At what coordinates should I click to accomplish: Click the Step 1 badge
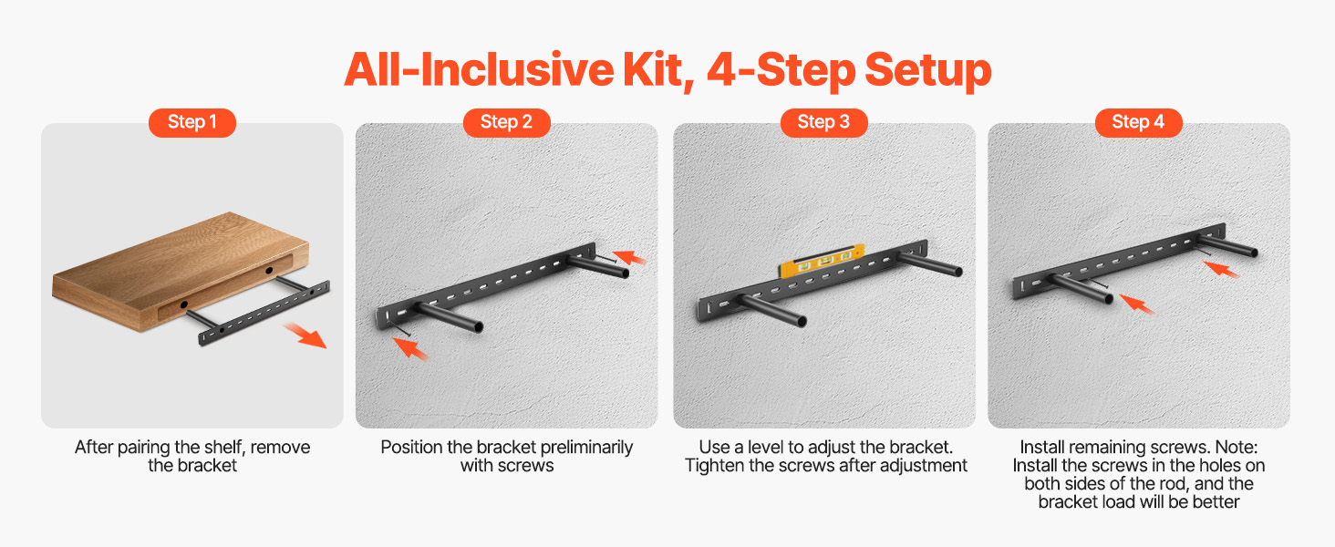pos(191,123)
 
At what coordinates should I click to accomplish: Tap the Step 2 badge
pos(507,123)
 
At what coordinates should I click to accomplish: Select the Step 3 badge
pos(823,123)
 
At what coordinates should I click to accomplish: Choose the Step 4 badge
pos(1138,123)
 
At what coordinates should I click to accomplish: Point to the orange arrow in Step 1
pos(305,335)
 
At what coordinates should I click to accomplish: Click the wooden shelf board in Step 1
pos(181,271)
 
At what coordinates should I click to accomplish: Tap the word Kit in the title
pos(658,70)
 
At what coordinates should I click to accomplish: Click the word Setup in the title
pos(928,71)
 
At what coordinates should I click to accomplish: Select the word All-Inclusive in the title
pos(479,70)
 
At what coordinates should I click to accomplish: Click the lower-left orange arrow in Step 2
pos(410,347)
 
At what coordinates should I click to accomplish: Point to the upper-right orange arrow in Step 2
pos(629,257)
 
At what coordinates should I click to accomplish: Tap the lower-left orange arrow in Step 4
pos(1136,304)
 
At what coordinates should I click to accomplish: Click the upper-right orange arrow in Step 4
pos(1221,269)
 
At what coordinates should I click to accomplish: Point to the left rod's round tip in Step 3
pos(802,322)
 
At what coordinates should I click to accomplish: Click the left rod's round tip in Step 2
pos(478,326)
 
